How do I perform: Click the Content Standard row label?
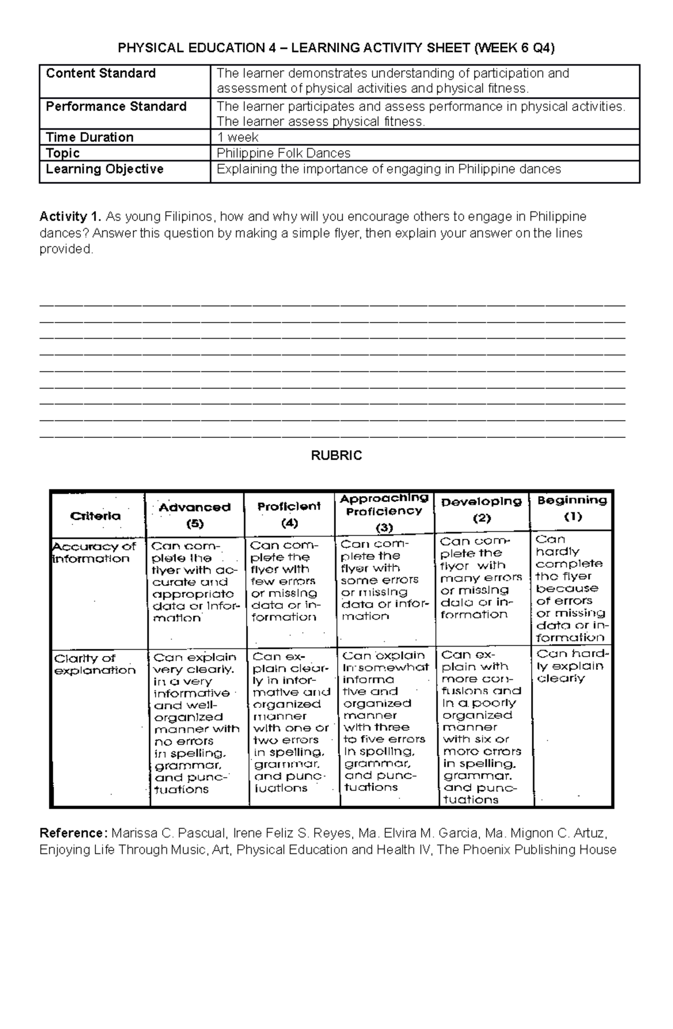tap(101, 73)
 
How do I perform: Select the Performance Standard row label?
tap(116, 107)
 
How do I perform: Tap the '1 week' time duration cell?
tap(238, 137)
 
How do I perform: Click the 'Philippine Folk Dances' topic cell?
tap(283, 153)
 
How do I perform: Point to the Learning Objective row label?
tap(105, 169)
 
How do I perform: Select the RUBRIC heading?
tap(336, 455)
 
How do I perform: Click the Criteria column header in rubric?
tap(95, 516)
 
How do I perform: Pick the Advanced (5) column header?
tap(195, 515)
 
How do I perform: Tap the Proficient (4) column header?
tap(289, 514)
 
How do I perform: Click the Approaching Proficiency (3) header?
tap(384, 512)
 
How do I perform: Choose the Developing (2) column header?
tap(481, 509)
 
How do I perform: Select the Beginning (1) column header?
tap(572, 507)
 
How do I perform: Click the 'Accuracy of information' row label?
tap(94, 552)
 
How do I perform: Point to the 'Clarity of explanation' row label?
tap(94, 664)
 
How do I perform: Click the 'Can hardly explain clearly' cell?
tap(571, 666)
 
